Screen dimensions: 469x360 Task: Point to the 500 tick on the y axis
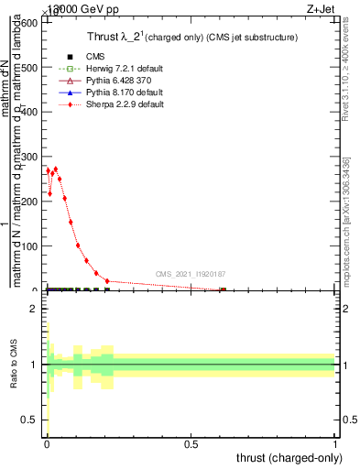28,68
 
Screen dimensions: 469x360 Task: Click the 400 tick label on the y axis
28,113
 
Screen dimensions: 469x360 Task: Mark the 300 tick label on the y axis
28,157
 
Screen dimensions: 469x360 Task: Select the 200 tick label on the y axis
28,202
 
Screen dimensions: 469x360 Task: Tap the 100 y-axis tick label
28,246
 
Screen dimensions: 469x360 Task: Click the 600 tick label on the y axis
28,23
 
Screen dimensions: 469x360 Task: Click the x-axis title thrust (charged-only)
289,457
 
